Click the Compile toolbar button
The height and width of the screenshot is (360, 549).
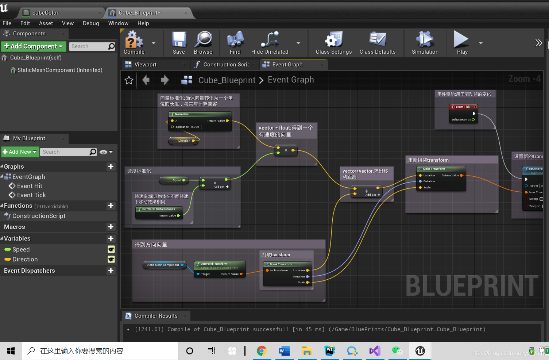134,43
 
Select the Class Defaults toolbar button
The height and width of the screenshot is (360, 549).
377,43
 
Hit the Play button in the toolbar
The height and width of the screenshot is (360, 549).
462,43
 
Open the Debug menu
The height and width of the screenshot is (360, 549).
91,23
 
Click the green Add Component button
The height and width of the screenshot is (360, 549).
33,46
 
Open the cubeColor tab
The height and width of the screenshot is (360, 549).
45,13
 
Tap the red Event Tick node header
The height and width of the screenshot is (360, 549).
463,107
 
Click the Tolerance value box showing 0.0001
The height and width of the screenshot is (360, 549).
196,127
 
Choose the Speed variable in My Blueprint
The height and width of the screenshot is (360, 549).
21,249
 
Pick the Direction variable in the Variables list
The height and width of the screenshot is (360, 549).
25,259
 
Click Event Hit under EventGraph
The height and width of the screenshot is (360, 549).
30,186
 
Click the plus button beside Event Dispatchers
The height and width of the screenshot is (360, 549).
111,271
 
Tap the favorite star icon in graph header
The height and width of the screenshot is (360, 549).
129,80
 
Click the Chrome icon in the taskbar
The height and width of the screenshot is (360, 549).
262,351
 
